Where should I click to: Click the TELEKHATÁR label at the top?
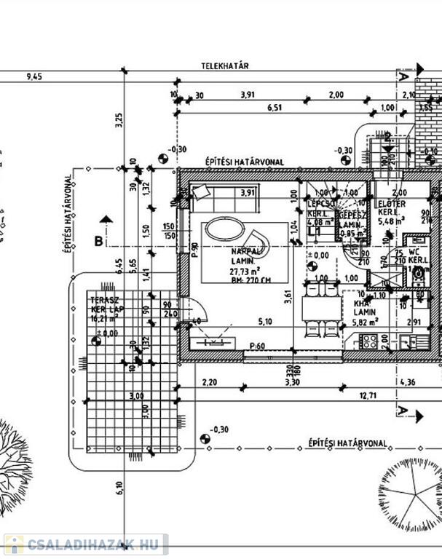(226, 66)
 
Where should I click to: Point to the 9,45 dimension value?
(33, 76)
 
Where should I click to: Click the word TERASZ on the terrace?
(101, 300)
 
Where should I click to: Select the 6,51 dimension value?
(275, 108)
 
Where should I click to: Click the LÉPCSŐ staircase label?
(320, 203)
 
